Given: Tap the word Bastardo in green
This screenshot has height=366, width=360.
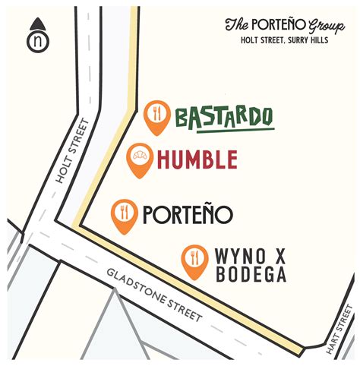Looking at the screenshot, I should click(x=224, y=118).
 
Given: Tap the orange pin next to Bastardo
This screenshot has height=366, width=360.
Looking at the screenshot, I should click(x=156, y=115).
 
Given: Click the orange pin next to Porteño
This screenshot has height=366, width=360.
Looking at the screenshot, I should click(x=124, y=213).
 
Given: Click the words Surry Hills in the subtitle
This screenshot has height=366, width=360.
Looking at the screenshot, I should click(x=308, y=39).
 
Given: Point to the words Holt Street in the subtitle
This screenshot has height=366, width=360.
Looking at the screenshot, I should click(x=262, y=39).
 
